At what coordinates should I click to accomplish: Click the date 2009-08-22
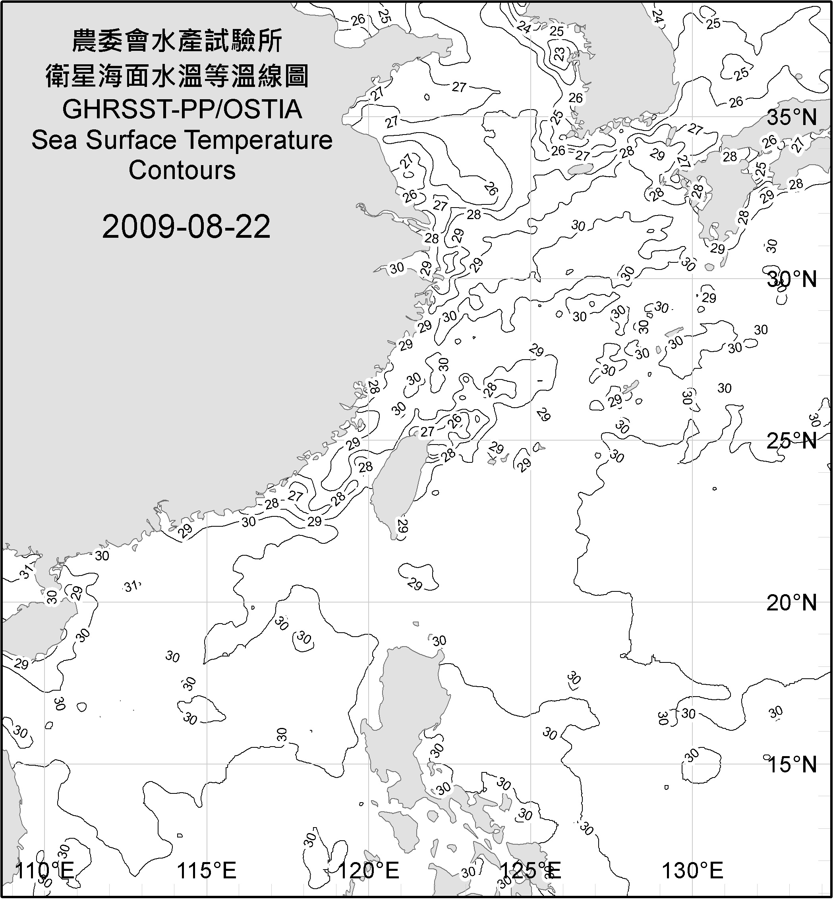pos(186,227)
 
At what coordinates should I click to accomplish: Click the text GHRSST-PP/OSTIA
pos(182,110)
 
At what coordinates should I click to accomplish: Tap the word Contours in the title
pos(182,170)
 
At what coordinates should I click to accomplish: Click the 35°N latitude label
pos(792,117)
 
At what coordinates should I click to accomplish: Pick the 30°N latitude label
pos(792,279)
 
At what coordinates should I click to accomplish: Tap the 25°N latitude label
pos(792,441)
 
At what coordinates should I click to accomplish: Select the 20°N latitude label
pos(792,603)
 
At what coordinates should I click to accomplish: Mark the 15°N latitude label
pos(792,764)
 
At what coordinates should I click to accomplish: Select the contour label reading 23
pos(559,54)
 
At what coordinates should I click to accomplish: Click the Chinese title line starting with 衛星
pos(177,76)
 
